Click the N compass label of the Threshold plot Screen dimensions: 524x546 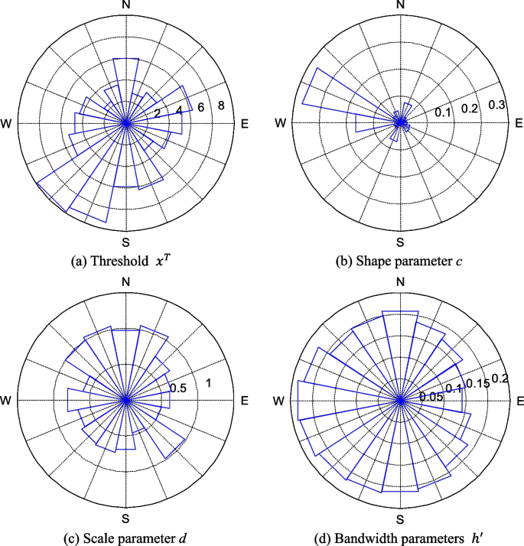126,6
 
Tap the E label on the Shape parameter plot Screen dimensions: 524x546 518,123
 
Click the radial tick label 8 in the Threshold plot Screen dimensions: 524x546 220,106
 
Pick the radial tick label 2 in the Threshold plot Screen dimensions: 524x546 158,114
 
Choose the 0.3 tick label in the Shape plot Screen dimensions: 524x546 497,105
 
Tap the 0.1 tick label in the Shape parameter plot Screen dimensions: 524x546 443,113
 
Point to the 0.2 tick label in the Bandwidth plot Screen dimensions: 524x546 500,378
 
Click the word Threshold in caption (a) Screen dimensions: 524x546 122,261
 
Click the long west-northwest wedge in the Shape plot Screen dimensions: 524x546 329,97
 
